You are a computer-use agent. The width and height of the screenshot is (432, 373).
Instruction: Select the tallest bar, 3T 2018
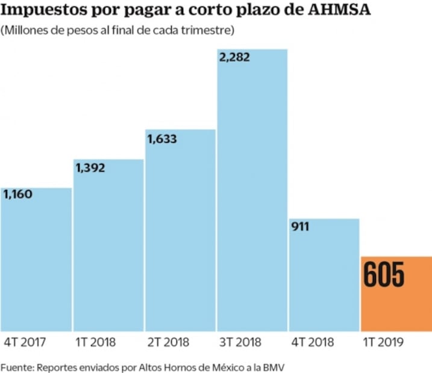tap(252, 199)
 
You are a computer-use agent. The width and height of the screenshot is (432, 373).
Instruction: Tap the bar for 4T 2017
tap(36, 265)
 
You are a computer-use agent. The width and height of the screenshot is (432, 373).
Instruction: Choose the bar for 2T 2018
tap(180, 235)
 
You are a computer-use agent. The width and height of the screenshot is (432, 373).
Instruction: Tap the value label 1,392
tap(90, 168)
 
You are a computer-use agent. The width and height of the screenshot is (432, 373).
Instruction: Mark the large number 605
tap(384, 275)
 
